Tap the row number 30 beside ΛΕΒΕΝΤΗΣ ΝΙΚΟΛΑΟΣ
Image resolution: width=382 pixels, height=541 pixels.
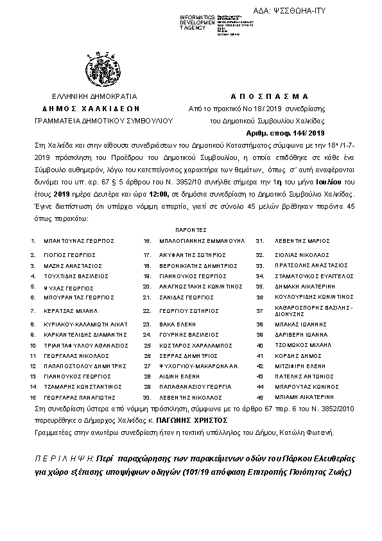point(147,397)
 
